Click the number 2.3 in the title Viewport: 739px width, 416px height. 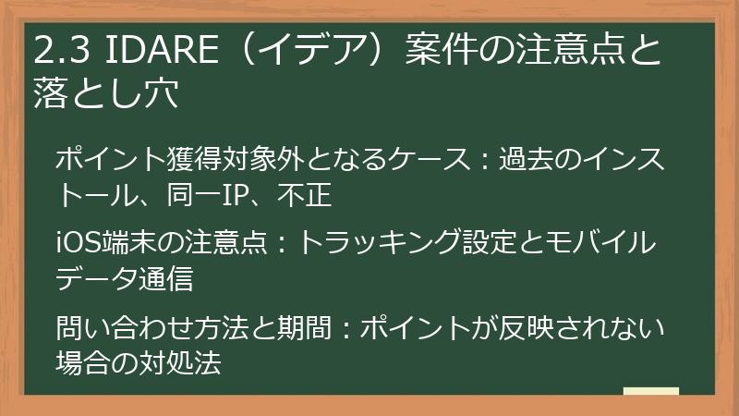(x=58, y=53)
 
